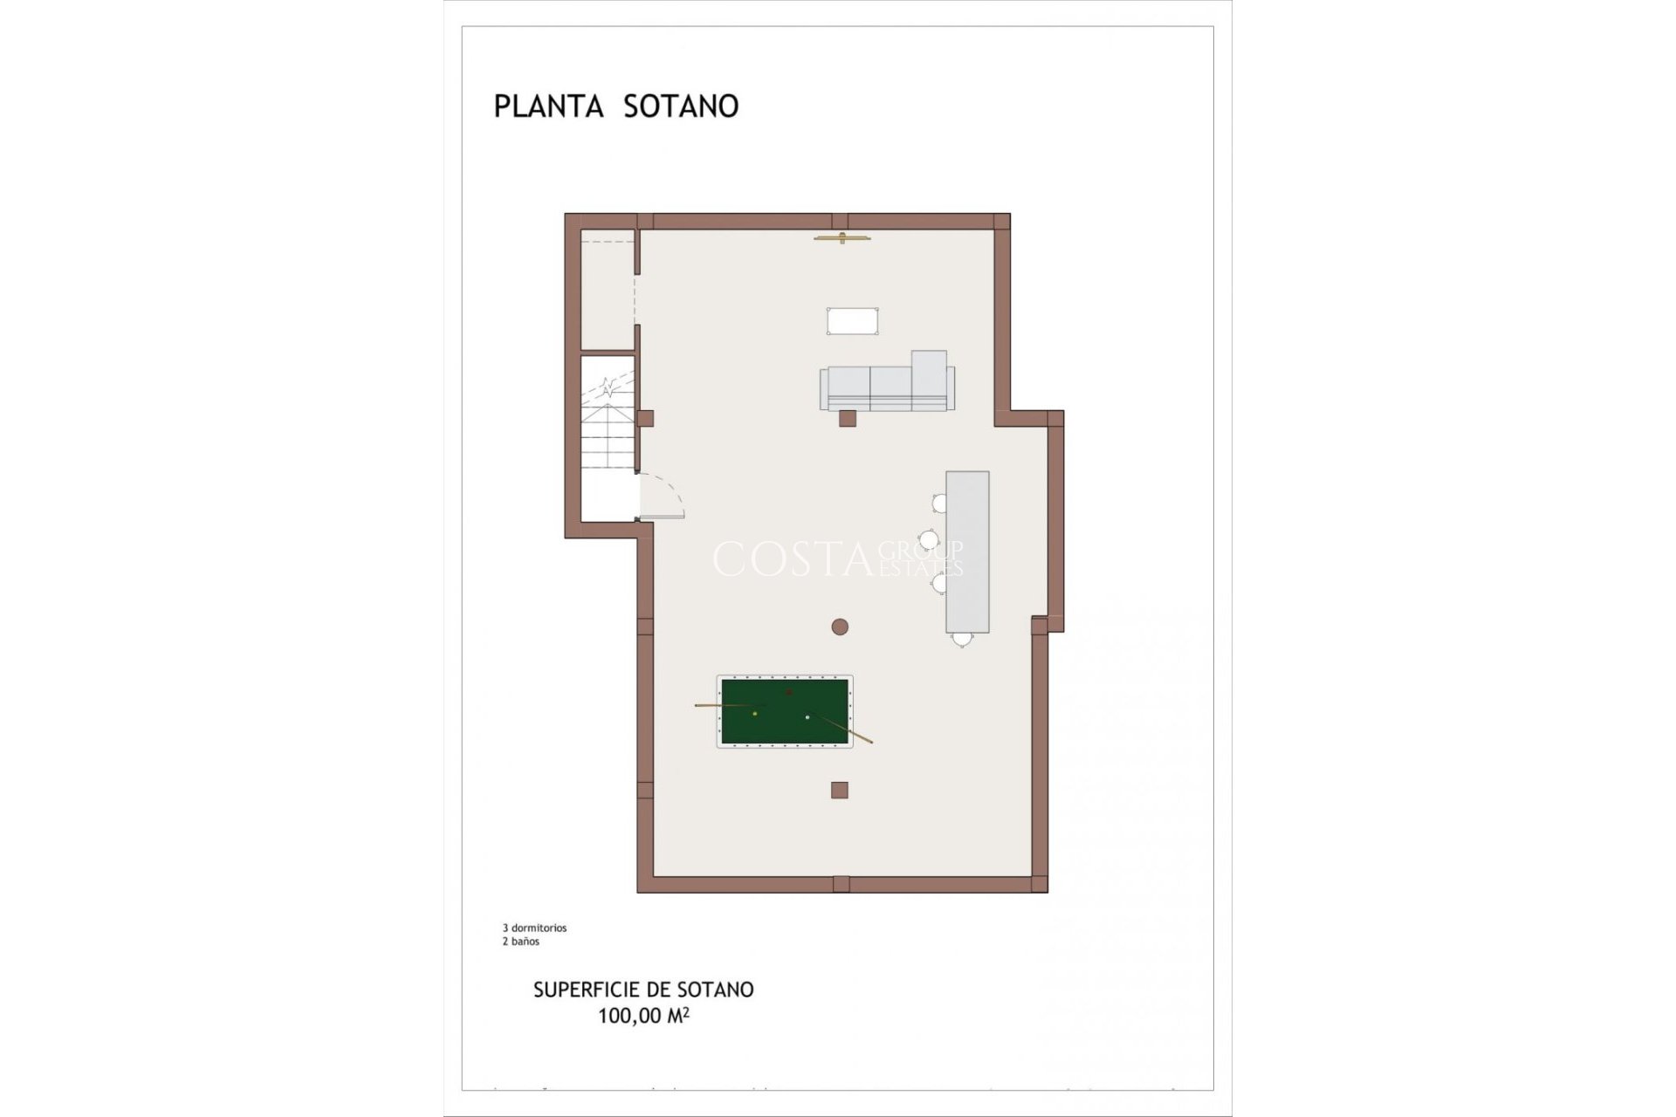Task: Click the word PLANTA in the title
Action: tap(548, 106)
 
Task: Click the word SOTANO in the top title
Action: tap(681, 106)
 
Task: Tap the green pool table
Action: tap(784, 711)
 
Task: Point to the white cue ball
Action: tap(807, 717)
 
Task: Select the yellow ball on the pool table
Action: tap(755, 714)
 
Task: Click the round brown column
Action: tap(840, 626)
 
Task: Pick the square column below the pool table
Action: tap(840, 790)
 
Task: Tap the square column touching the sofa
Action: tap(847, 418)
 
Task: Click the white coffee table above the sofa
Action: tap(852, 320)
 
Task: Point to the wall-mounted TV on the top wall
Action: tap(841, 237)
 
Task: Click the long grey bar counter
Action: tap(967, 552)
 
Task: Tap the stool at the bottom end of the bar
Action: tap(962, 639)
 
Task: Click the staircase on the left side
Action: tap(608, 428)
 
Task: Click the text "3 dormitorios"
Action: tap(534, 929)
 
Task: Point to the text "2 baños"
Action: tap(520, 942)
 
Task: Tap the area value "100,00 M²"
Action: tap(643, 1016)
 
